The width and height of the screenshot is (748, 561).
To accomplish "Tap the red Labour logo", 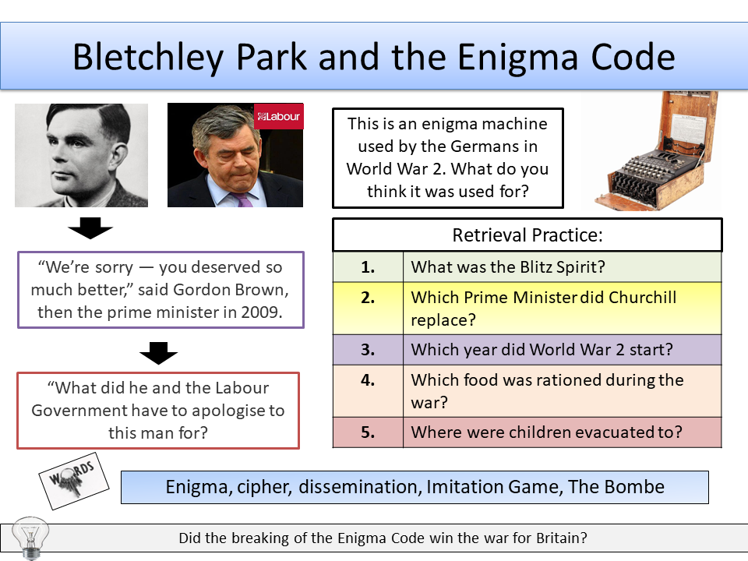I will (278, 117).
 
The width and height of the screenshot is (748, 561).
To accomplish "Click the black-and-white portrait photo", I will (81, 155).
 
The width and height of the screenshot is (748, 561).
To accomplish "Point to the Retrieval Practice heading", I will (527, 235).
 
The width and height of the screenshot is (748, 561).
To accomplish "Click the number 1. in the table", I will (368, 266).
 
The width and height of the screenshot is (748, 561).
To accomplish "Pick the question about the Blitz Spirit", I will (508, 266).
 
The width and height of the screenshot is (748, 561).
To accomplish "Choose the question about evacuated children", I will (546, 432).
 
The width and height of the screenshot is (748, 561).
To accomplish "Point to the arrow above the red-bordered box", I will (157, 355).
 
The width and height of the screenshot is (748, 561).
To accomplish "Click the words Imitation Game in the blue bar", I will (493, 488).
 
